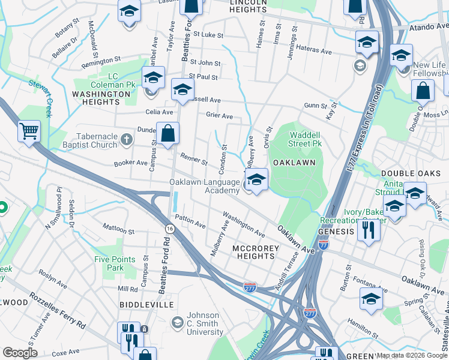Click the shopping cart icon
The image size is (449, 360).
(x=29, y=130)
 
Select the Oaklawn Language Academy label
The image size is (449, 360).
(x=205, y=186)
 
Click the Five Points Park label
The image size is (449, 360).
(x=112, y=263)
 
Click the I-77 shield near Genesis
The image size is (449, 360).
(x=324, y=244)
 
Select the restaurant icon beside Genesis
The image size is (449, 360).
(x=368, y=229)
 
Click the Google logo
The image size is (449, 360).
(x=20, y=353)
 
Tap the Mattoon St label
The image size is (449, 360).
(x=118, y=229)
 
